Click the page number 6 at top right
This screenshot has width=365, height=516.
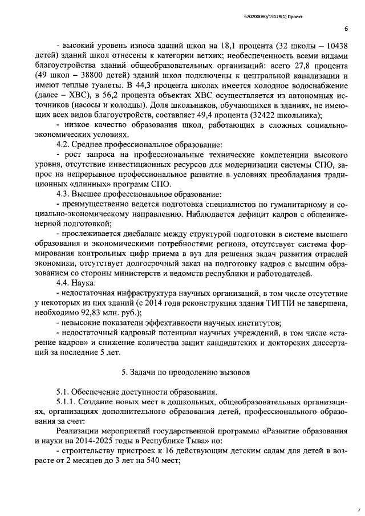[346, 29]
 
